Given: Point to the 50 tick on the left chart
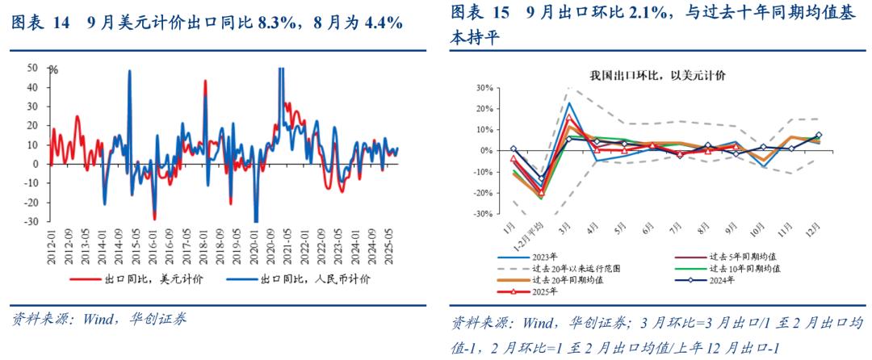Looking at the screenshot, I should tap(32, 68).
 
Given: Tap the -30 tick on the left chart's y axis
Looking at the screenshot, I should tap(31, 222).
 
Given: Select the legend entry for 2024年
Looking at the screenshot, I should tap(723, 279).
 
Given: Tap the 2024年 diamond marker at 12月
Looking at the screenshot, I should tap(819, 136).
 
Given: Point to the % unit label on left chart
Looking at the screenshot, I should tap(53, 70).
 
